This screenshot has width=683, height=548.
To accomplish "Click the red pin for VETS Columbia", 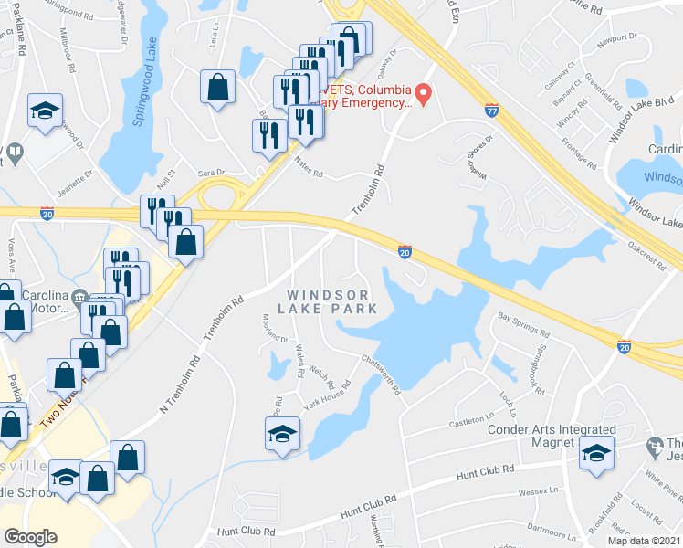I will coord(423,93).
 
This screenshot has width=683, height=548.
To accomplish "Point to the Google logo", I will coord(30,537).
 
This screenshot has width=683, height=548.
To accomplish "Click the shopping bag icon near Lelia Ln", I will coord(218,87).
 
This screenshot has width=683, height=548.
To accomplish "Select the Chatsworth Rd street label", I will coord(381,374).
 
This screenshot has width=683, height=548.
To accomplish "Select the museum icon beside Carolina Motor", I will coord(80,297).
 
